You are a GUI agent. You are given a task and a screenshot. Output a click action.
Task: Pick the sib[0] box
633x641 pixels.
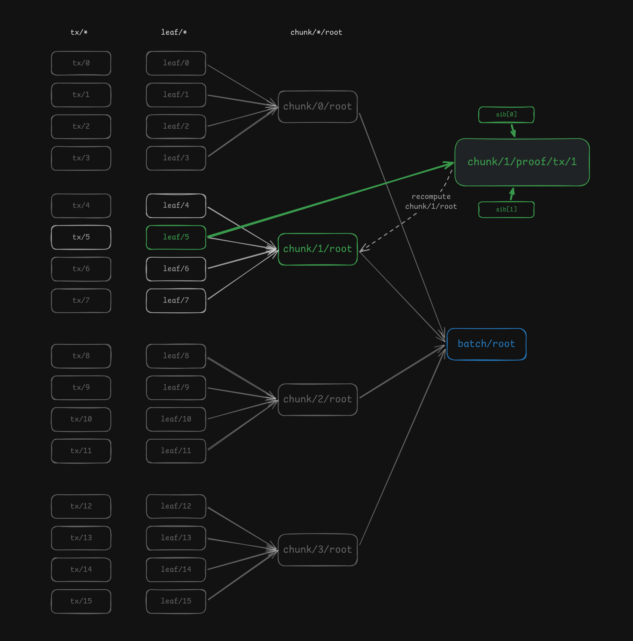[x=506, y=115]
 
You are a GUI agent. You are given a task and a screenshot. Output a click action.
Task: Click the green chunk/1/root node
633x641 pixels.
[x=317, y=249]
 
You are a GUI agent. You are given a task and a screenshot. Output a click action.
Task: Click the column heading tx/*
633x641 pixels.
[x=79, y=32]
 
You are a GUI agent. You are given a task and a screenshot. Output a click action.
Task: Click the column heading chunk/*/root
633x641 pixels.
[x=316, y=32]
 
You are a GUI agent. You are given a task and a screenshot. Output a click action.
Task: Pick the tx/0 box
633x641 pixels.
[x=81, y=63]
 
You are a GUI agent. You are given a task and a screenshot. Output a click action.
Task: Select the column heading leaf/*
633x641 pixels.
[x=174, y=32]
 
